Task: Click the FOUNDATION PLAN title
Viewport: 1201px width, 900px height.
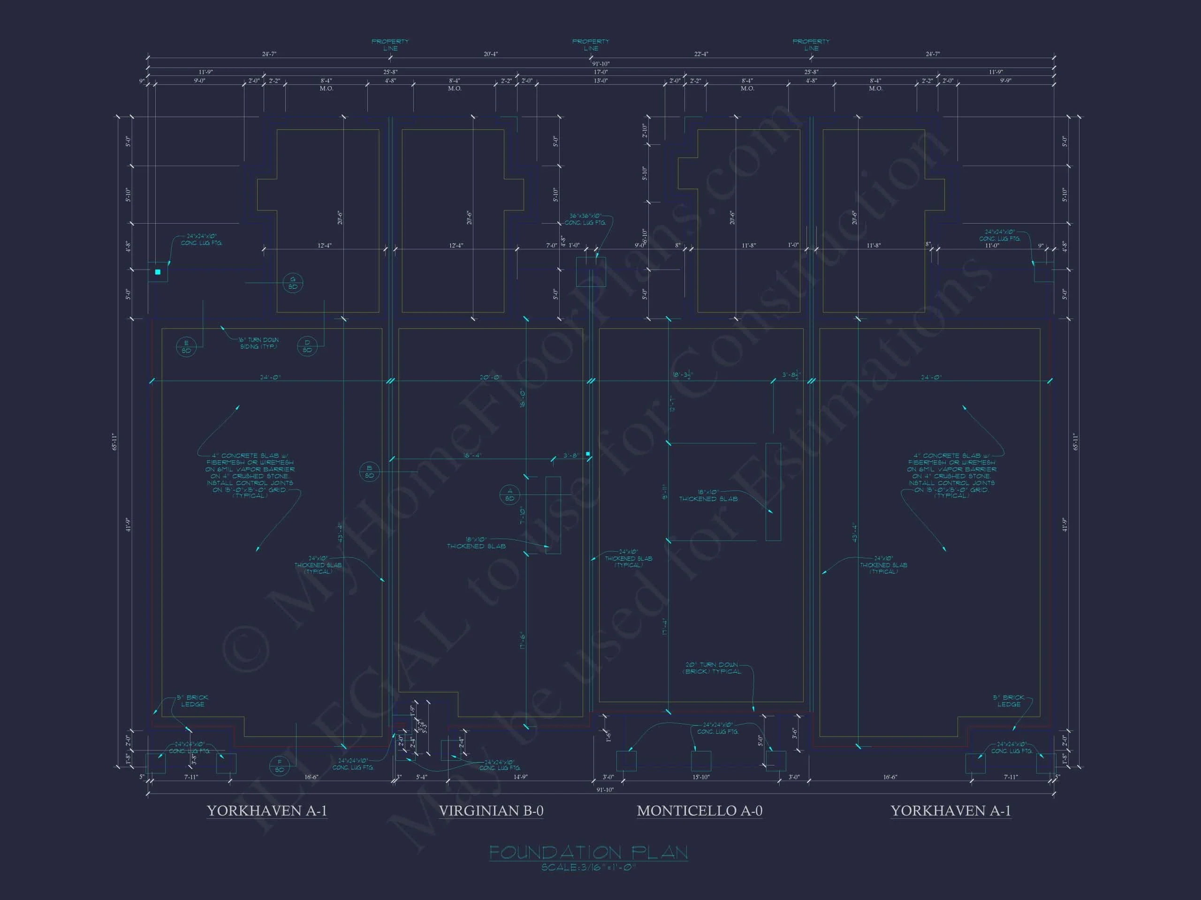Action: coord(589,852)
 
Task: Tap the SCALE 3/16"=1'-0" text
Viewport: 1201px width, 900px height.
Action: coord(589,868)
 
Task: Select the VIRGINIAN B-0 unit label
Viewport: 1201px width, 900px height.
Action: coord(491,810)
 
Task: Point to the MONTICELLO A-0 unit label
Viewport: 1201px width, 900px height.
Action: coord(699,810)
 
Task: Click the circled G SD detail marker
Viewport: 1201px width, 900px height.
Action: coord(293,283)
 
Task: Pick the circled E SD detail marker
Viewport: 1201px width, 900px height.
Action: coord(186,347)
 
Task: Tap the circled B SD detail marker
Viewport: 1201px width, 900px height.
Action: coord(369,472)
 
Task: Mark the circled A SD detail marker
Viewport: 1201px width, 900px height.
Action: coord(509,494)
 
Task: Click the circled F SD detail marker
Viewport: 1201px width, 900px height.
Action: coord(279,765)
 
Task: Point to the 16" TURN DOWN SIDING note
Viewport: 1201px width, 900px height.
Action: coord(258,343)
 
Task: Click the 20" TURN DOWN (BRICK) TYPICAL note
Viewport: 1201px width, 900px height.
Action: coord(711,668)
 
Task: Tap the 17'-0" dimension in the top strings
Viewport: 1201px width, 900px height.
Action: coord(600,72)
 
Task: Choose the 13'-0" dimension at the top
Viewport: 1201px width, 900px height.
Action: coord(600,80)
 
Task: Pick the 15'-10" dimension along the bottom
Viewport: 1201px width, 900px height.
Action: coord(701,777)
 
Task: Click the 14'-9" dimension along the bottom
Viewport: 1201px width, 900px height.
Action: coord(520,777)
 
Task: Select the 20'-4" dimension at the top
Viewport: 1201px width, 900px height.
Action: coord(490,54)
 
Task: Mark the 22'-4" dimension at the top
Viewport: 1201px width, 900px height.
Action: coord(701,54)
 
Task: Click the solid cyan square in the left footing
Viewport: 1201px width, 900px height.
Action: coord(158,272)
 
